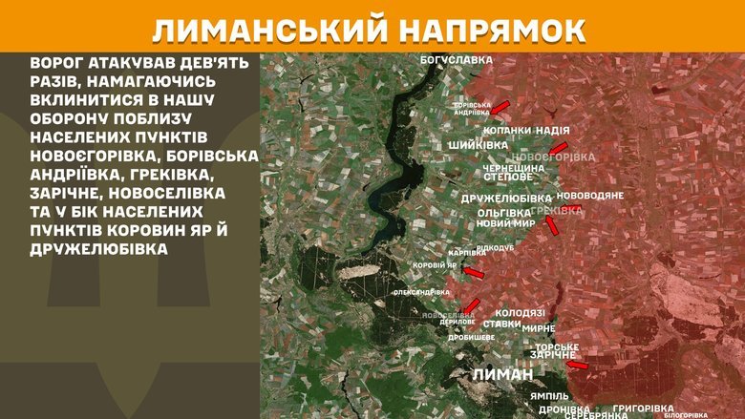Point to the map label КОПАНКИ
[x=506, y=129]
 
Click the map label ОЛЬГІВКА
[x=503, y=212]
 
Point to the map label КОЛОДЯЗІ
[x=521, y=312]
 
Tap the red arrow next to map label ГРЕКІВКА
[x=551, y=225]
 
